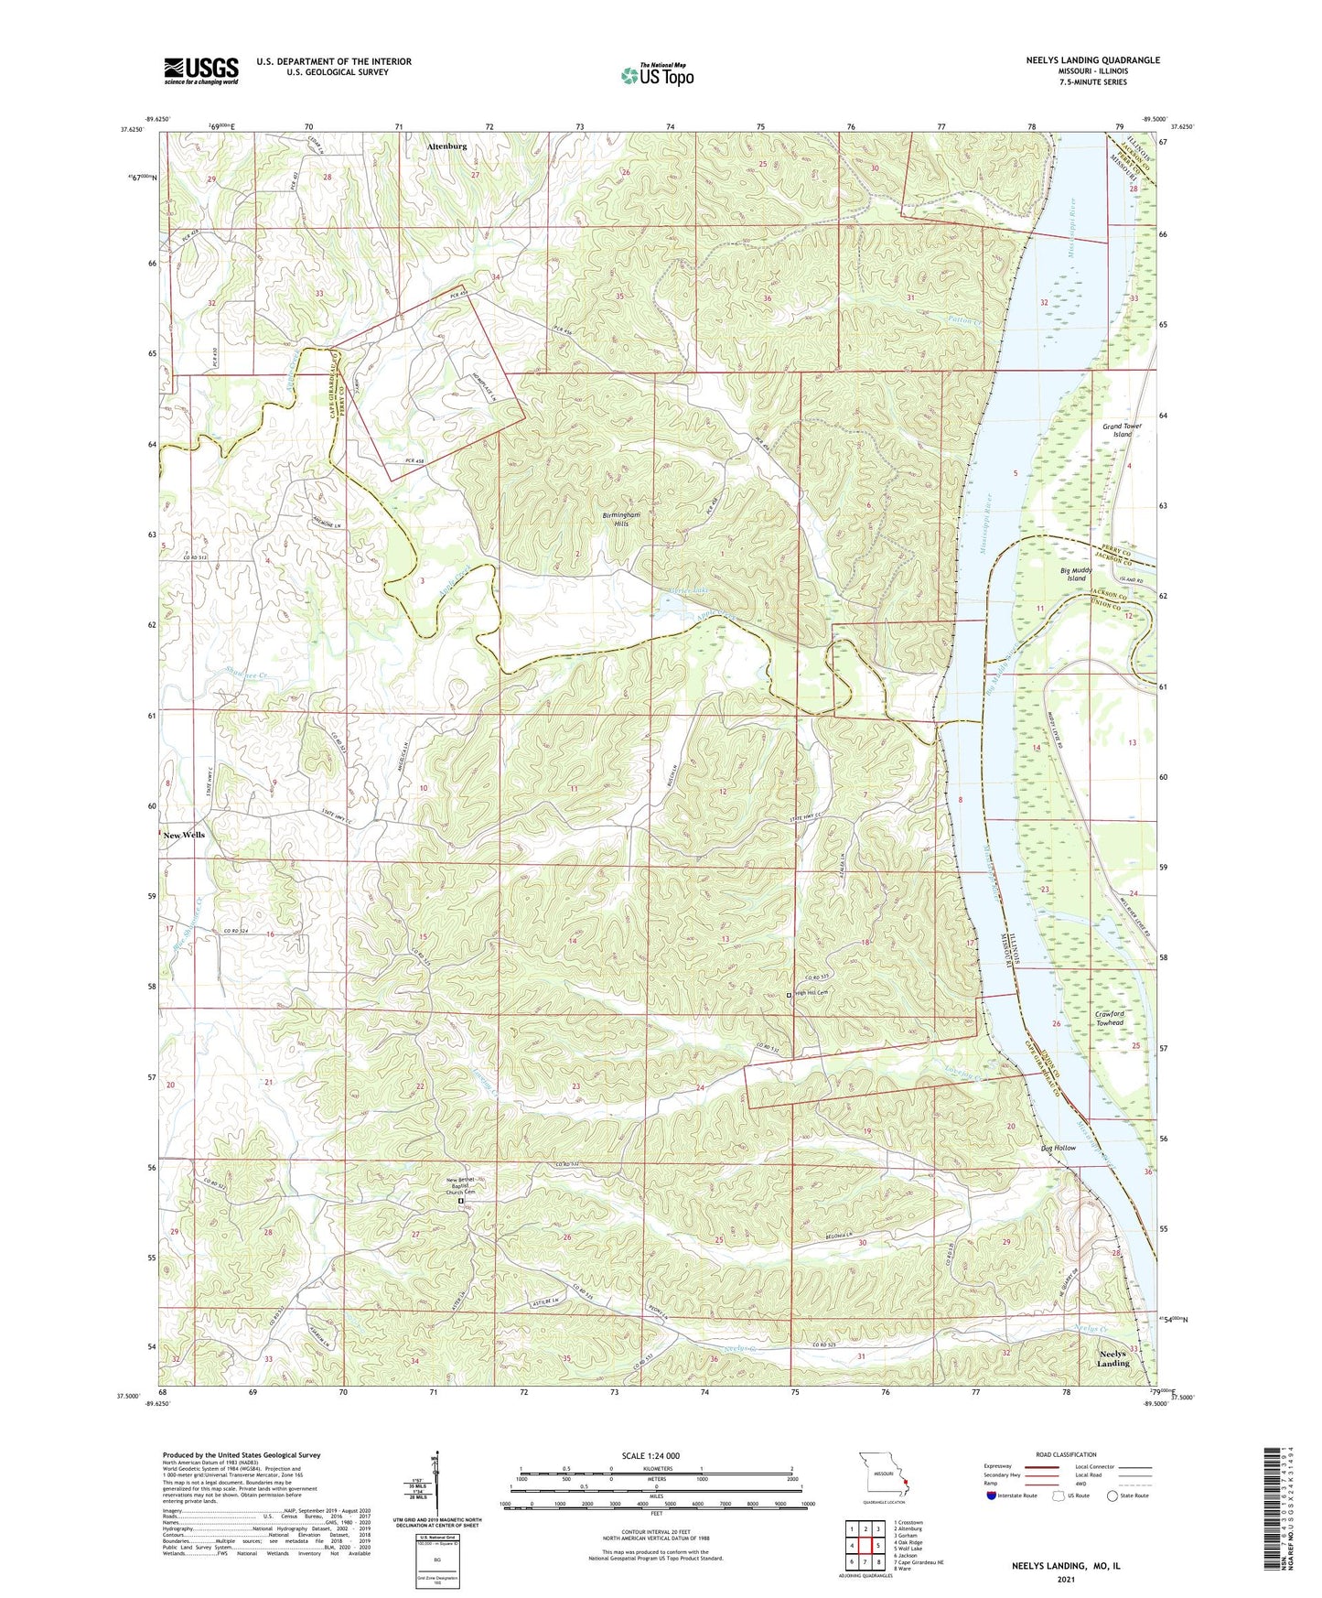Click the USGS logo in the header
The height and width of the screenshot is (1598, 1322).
coord(201,70)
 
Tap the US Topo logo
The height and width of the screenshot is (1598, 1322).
coord(657,75)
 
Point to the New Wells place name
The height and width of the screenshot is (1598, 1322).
coord(184,835)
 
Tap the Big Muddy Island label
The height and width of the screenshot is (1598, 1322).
coord(1076,574)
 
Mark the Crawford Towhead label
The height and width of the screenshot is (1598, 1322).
coord(1109,1018)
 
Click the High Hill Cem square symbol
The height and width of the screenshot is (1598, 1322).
coord(790,994)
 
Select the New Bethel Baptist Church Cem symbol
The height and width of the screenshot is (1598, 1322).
coord(461,1202)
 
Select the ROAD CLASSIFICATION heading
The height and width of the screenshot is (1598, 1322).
coord(1065,1454)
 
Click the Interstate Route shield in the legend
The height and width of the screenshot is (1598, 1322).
coord(992,1496)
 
